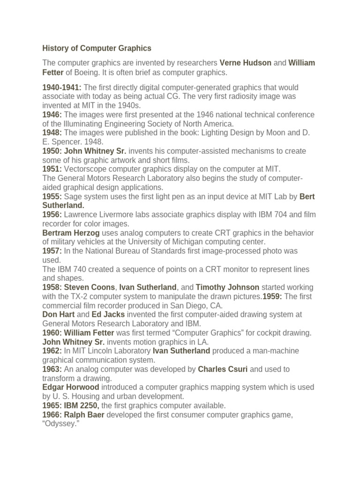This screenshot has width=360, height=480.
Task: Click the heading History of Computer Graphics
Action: [97, 48]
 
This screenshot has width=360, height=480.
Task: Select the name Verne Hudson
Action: [245, 63]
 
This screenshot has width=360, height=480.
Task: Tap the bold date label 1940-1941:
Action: [62, 88]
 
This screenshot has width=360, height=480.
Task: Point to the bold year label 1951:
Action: [52, 169]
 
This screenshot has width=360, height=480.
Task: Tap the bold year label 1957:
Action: [52, 251]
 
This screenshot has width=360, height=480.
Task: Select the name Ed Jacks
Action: [108, 315]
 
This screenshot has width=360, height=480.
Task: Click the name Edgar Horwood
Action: [71, 387]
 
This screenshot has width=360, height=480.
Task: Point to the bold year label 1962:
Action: [52, 351]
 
